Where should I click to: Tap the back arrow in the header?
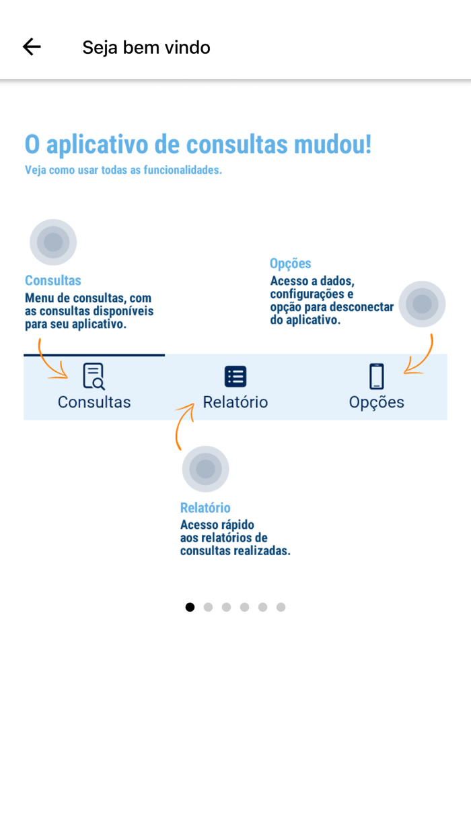32,46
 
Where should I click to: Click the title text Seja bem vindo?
146,47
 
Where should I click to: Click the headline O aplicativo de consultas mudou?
198,145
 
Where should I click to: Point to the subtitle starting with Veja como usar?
123,170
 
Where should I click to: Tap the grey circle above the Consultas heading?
53,242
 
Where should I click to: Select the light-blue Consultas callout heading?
53,280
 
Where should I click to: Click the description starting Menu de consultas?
89,311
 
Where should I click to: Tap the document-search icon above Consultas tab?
94,376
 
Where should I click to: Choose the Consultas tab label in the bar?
94,402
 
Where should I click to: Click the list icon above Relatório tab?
235,376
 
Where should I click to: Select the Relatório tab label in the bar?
235,402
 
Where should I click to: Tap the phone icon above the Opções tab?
377,376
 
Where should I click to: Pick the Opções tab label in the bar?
377,402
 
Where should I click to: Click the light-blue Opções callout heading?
291,263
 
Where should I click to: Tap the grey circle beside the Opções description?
422,304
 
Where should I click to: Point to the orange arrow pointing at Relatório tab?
183,424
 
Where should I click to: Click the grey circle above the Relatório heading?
205,469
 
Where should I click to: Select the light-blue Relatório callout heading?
205,508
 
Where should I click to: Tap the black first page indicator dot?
190,607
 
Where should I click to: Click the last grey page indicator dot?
281,607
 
